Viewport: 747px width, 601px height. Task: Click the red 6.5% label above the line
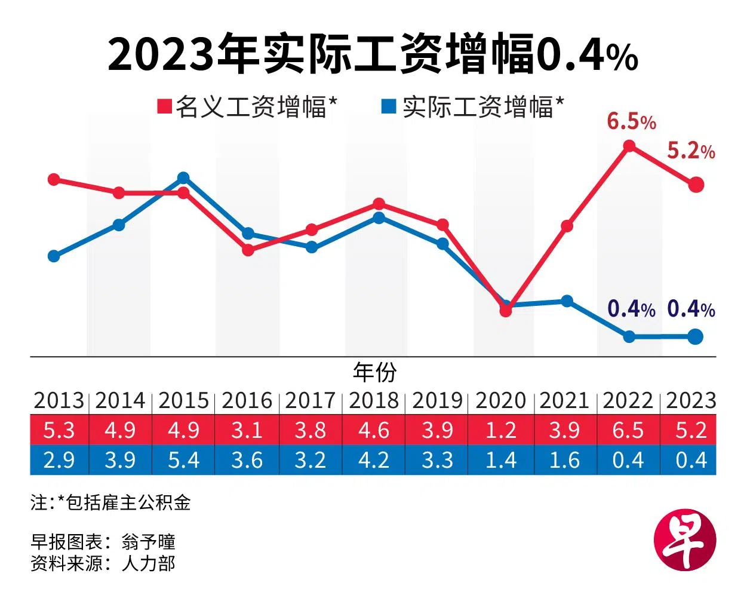pos(631,122)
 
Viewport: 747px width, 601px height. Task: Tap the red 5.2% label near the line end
pos(691,151)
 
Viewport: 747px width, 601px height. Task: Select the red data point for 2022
pos(629,146)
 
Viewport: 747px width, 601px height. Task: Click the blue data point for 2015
pos(183,177)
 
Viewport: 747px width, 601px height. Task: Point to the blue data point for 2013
pos(54,256)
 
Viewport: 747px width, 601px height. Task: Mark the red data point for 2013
pos(54,179)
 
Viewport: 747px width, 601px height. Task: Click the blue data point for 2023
pos(695,337)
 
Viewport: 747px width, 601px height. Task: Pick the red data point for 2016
pos(248,250)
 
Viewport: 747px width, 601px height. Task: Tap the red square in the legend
pos(164,107)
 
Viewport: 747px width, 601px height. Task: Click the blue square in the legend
pos(389,107)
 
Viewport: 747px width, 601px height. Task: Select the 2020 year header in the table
pos(500,400)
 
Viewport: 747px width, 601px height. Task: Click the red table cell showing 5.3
pos(59,430)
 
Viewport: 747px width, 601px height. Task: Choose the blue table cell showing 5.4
pos(183,460)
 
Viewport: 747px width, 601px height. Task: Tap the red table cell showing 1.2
pos(500,430)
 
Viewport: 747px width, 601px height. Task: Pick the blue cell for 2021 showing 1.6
pos(564,460)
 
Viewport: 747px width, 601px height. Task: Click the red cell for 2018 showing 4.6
pos(374,430)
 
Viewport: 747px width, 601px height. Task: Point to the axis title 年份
pos(374,372)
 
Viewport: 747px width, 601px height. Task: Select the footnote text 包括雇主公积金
pos(128,502)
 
